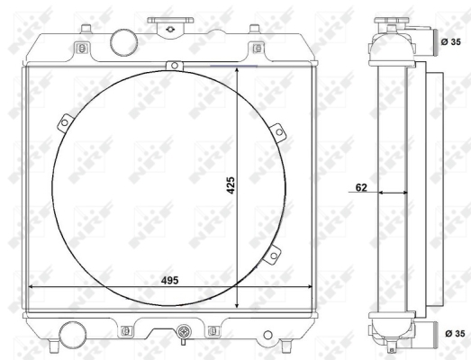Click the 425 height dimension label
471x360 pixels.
[x=231, y=185]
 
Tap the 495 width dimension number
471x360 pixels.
[x=169, y=281]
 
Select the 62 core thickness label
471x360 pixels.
[x=361, y=187]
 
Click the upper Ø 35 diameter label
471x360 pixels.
[x=451, y=42]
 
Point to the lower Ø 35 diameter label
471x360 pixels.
[x=455, y=333]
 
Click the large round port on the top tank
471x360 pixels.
[x=123, y=42]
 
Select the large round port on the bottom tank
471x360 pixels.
[x=73, y=335]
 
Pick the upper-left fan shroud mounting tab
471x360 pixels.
[x=65, y=122]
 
